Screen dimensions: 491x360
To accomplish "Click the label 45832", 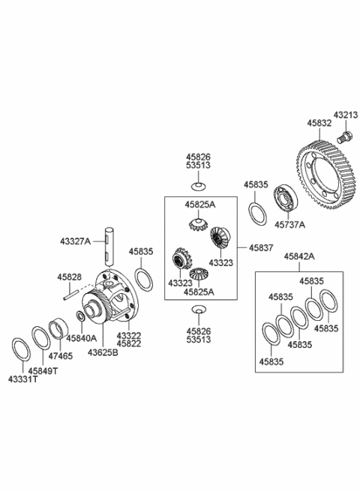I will point(318,122).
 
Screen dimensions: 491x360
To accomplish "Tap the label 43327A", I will point(75,241).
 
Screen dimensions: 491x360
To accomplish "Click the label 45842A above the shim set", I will point(298,256).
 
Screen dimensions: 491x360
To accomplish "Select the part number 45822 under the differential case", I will point(130,343).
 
